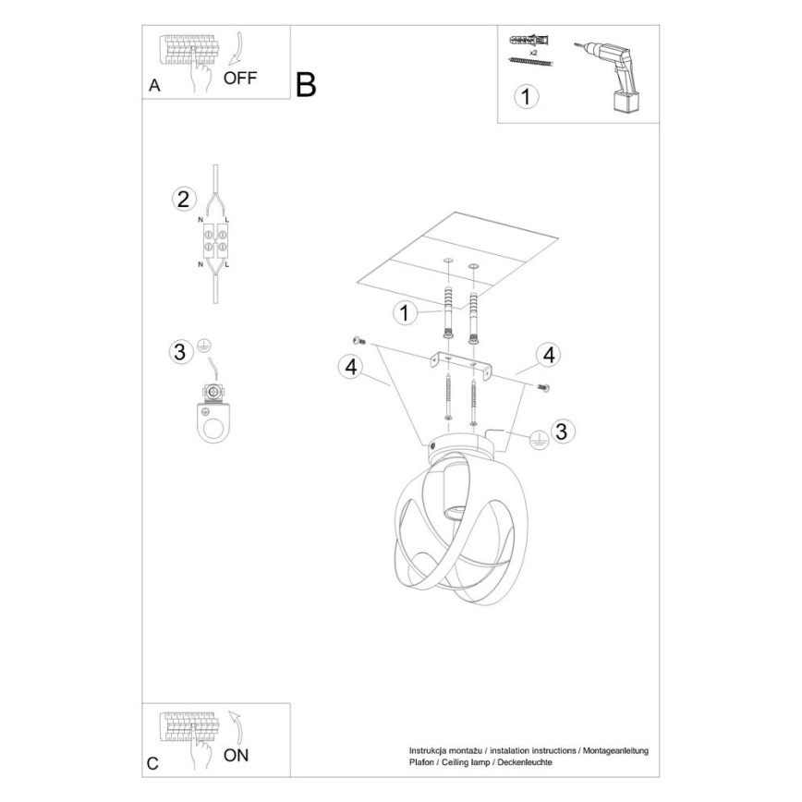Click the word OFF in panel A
pos(240,78)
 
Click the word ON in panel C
pos(237,756)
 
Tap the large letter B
pos(306,85)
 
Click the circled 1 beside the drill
pos(526,96)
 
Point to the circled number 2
pos(183,199)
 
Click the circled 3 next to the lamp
pos(560,431)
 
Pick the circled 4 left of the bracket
pos(349,367)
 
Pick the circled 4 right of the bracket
pos(548,353)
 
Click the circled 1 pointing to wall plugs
pos(403,313)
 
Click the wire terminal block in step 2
pos(214,242)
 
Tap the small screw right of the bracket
pos(542,388)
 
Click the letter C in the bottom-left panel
pos(152,764)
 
